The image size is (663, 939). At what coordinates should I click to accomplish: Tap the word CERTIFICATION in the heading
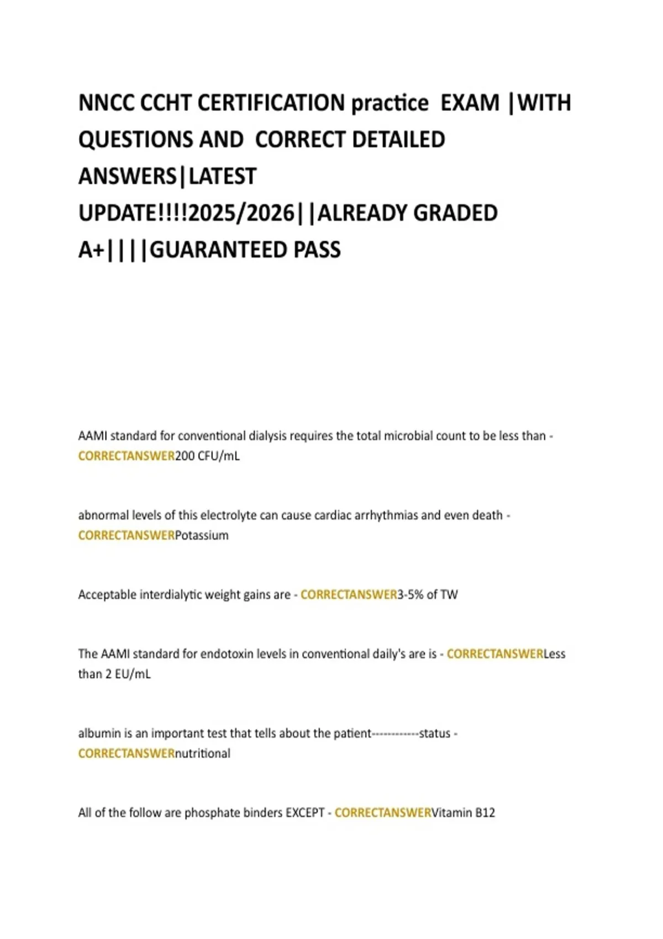271,103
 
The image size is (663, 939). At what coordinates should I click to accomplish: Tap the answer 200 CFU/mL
207,456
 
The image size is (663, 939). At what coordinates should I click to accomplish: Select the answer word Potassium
202,535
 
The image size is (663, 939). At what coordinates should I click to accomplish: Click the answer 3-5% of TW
428,595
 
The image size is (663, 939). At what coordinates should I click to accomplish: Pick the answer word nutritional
203,753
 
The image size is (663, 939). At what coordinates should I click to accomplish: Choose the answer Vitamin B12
463,813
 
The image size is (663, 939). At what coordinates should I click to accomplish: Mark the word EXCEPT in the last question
305,813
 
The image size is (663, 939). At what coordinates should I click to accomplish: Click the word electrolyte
228,515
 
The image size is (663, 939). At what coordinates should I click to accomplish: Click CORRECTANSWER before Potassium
127,535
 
